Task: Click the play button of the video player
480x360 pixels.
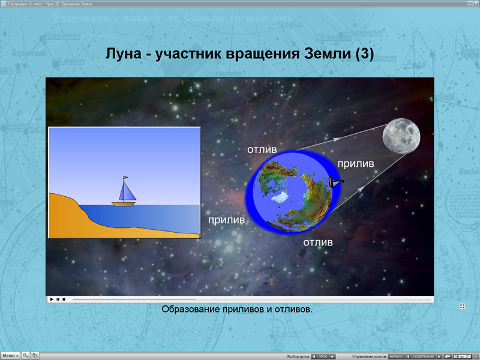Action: click(52, 299)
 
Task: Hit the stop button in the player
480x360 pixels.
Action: click(64, 299)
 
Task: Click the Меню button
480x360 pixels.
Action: click(10, 356)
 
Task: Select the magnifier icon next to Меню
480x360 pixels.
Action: click(26, 356)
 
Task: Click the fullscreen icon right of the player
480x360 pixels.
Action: click(463, 307)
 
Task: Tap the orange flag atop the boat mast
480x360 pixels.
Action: click(125, 178)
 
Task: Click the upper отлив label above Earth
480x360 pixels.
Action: click(261, 149)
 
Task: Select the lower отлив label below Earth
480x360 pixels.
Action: click(317, 242)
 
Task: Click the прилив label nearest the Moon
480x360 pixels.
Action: click(355, 163)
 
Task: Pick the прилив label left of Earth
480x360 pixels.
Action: click(226, 220)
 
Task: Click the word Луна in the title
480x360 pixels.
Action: click(124, 55)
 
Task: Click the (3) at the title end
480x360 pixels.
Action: click(364, 55)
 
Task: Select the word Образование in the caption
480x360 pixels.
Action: click(191, 310)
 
